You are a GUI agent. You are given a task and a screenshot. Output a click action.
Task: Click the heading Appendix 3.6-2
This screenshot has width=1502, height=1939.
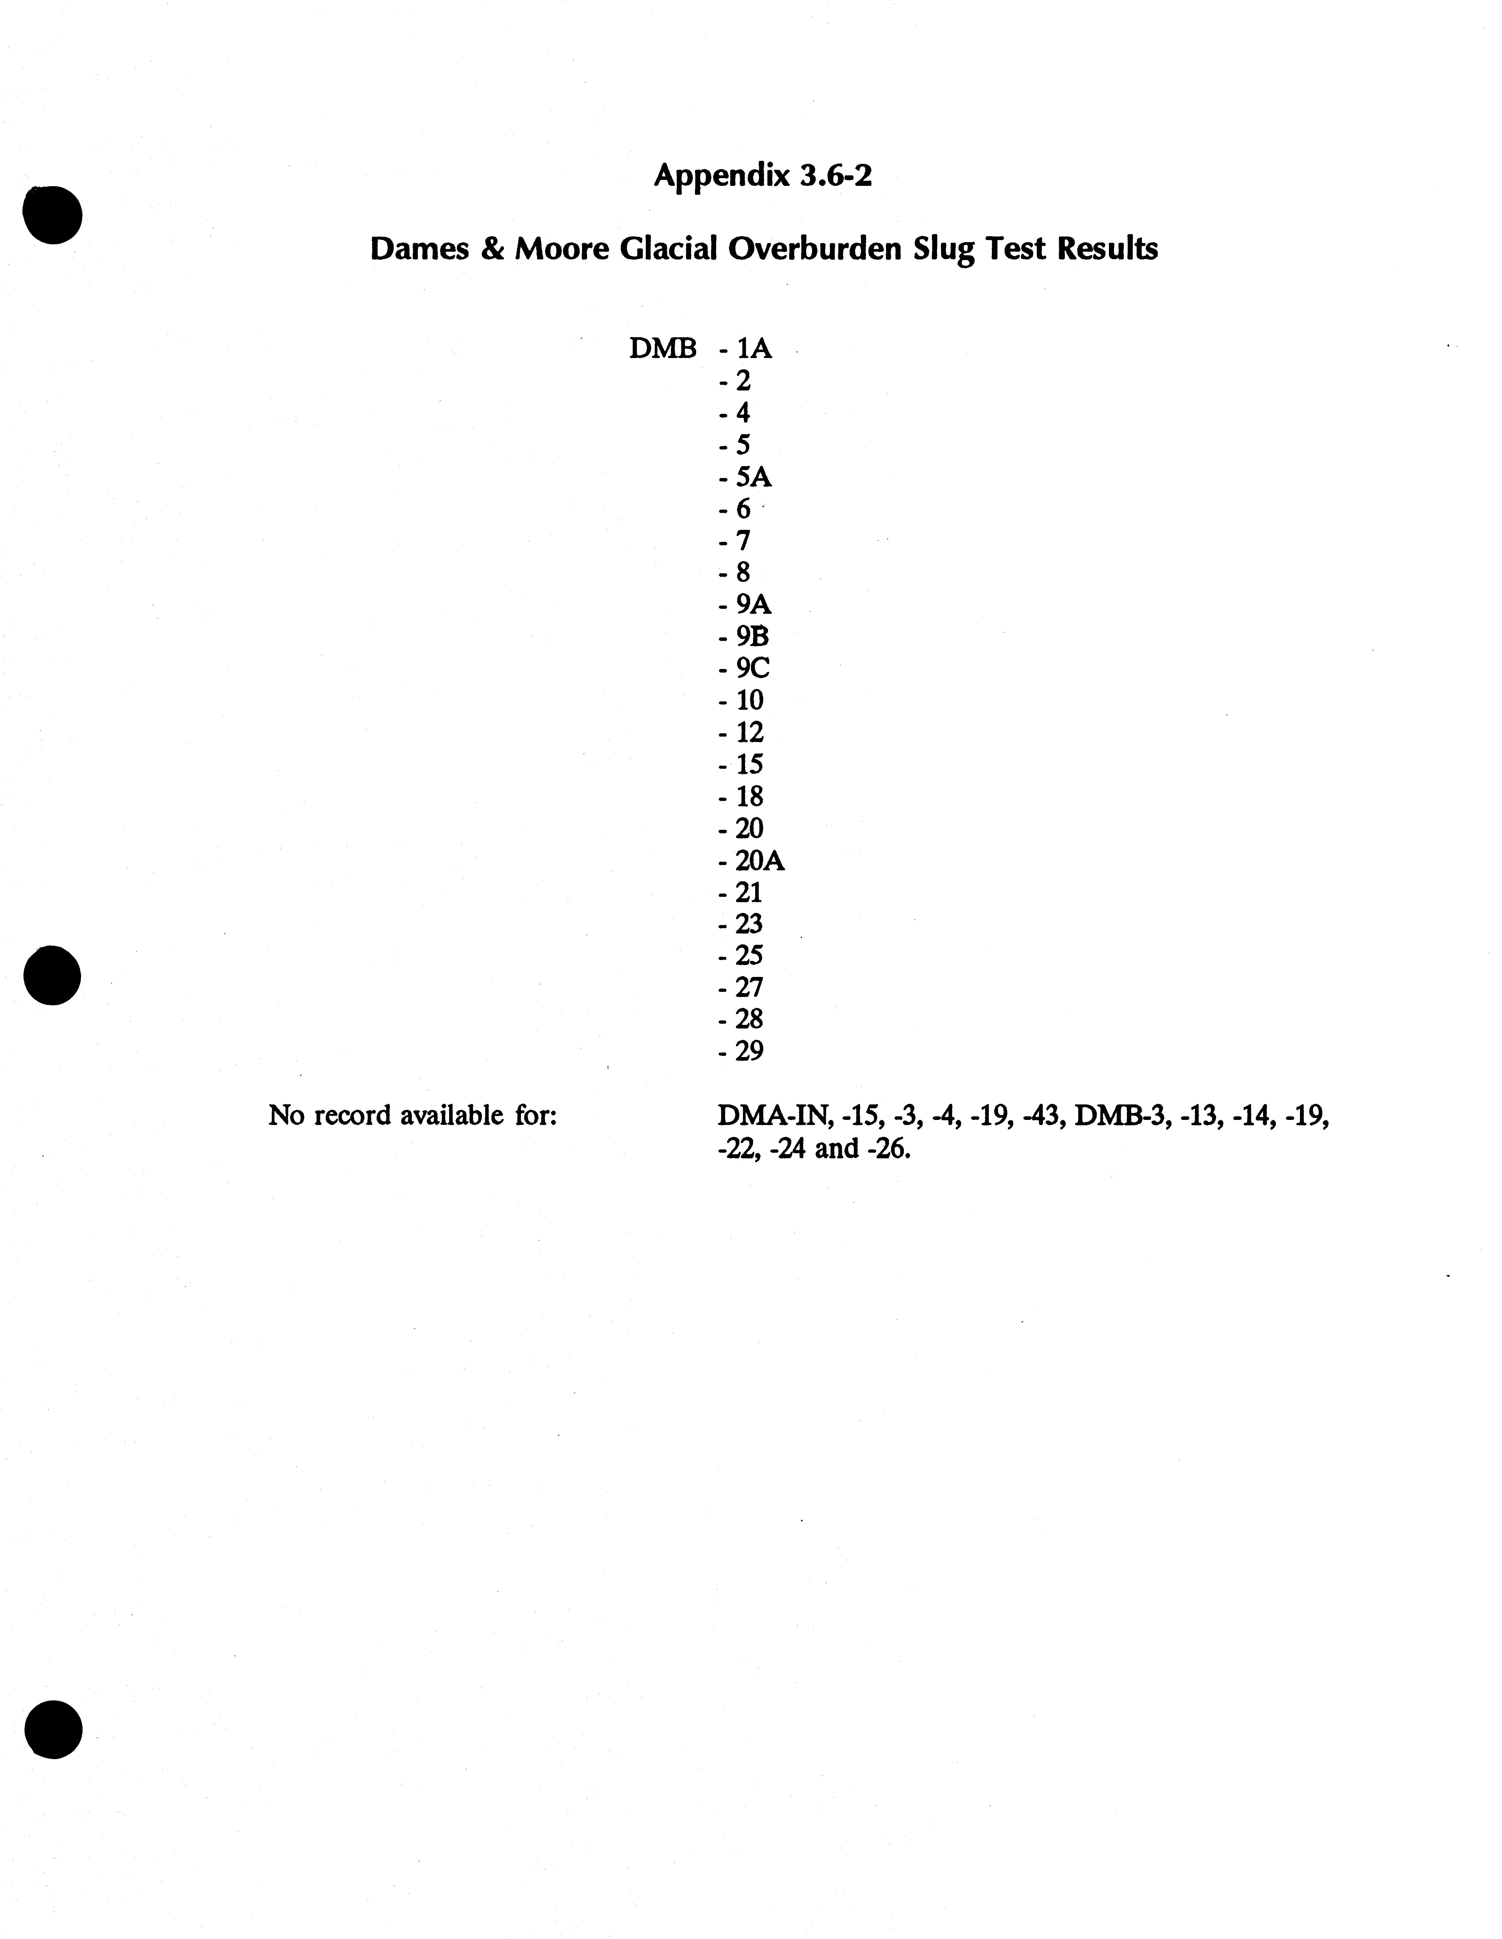(x=763, y=176)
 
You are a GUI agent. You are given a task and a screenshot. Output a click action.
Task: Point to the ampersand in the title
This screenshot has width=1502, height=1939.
(x=491, y=249)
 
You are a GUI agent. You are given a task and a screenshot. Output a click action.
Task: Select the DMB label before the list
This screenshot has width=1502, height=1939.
(x=662, y=349)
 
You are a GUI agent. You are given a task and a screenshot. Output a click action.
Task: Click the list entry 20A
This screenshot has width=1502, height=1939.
(x=759, y=860)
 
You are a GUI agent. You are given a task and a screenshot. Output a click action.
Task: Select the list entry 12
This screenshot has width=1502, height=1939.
(x=749, y=732)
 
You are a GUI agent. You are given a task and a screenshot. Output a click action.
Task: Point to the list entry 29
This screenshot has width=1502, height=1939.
(x=749, y=1051)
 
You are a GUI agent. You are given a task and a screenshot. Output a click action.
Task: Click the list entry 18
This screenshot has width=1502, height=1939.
(x=749, y=796)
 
